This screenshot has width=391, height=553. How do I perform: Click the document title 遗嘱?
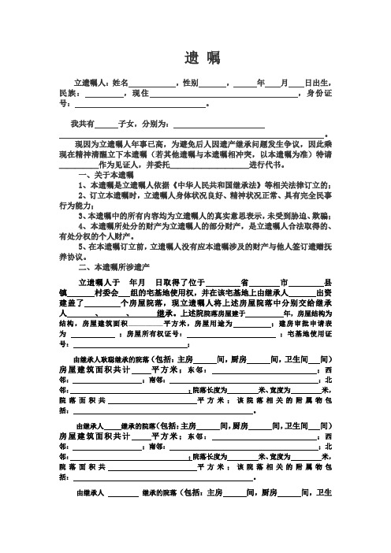pos(196,58)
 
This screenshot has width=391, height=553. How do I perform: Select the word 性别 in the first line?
pos(190,83)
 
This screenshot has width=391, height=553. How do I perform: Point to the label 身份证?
pos(321,94)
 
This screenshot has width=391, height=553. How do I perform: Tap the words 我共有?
pos(81,124)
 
